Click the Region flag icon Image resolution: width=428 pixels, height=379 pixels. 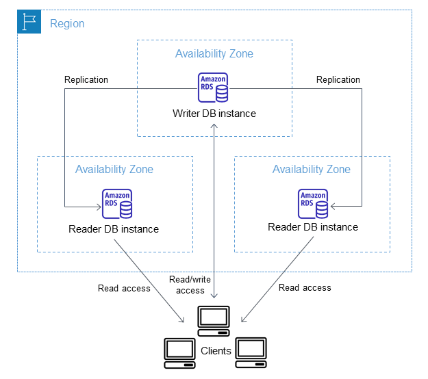tap(29, 23)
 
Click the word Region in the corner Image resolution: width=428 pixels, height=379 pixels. tap(67, 24)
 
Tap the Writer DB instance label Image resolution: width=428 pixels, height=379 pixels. tap(214, 114)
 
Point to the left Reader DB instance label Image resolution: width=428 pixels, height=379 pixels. tap(114, 229)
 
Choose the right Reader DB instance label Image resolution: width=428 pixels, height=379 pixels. tap(313, 227)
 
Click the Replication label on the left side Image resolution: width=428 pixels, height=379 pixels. tap(86, 80)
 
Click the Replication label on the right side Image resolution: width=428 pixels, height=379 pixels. tap(338, 80)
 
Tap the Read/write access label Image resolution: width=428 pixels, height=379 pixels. tap(190, 285)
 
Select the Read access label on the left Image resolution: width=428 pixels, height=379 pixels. tap(124, 288)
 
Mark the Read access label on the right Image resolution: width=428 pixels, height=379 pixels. tap(305, 288)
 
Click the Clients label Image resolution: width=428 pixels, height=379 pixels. tap(216, 352)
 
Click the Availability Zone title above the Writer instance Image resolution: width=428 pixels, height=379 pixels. tap(214, 54)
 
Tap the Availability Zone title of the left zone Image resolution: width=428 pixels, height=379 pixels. tap(114, 170)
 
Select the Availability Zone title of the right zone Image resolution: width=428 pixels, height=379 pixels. tap(312, 170)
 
